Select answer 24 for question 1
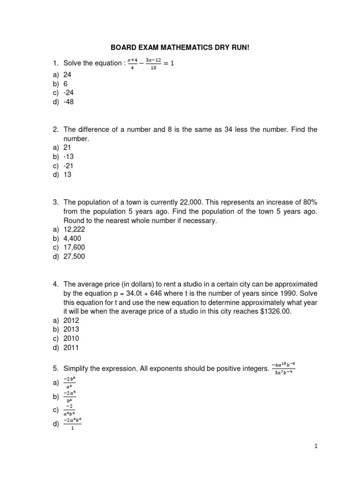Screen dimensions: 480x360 click(x=67, y=75)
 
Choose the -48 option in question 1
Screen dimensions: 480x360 click(x=69, y=102)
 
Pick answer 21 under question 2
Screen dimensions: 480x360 click(x=67, y=147)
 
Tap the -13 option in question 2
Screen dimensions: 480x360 click(x=69, y=157)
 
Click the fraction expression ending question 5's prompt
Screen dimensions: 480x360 click(x=284, y=369)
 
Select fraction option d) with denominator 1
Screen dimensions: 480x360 click(x=72, y=424)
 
